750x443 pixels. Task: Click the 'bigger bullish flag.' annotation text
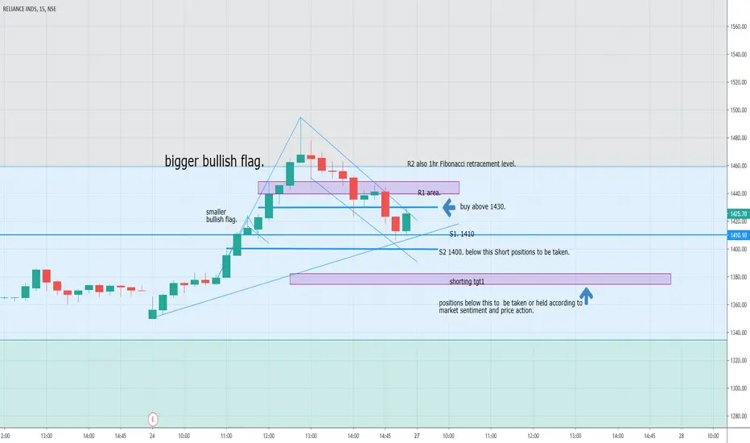(x=214, y=162)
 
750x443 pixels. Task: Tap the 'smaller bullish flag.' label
(x=221, y=216)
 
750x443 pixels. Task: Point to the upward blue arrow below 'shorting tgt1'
(x=587, y=296)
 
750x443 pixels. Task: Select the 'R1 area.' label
(x=429, y=193)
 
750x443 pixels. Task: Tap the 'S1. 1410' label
(x=462, y=234)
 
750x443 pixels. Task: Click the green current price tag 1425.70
(x=739, y=214)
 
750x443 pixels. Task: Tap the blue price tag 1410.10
(x=739, y=235)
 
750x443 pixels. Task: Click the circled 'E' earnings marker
(x=153, y=418)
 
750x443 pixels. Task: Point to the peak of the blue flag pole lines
(x=300, y=118)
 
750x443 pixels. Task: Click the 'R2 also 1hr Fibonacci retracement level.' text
(x=461, y=164)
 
